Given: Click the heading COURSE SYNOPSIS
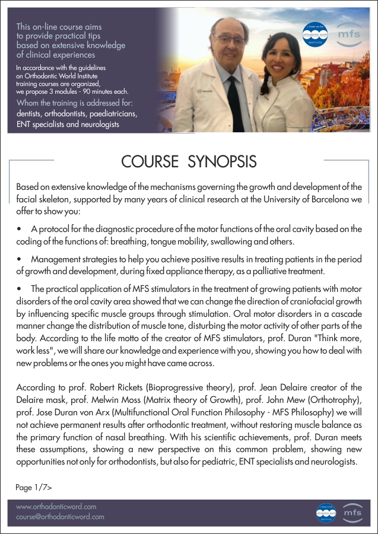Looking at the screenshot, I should (x=189, y=161).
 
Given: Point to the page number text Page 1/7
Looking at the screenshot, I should (x=34, y=487).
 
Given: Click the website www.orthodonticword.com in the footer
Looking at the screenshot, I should (x=56, y=507).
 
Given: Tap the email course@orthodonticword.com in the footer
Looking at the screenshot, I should (x=60, y=517).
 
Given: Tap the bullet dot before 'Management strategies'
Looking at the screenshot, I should (x=19, y=260).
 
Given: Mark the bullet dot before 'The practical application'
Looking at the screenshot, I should (x=19, y=289).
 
